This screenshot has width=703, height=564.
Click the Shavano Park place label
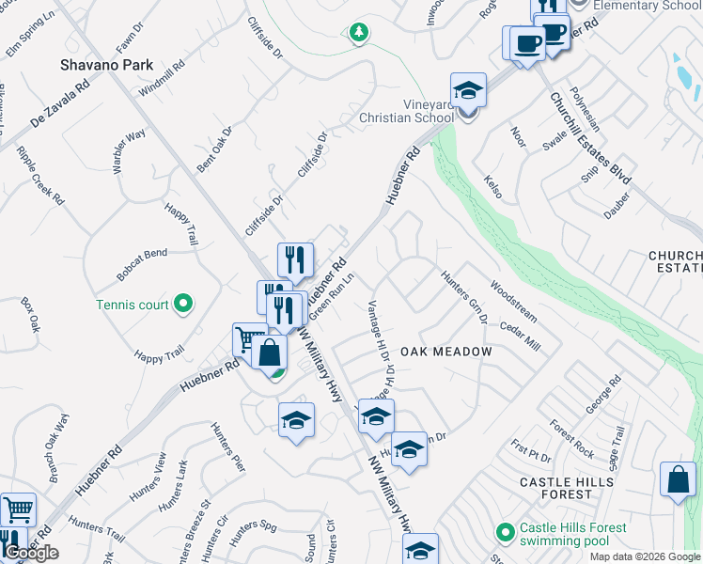(99, 65)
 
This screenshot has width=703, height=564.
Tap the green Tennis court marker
(184, 304)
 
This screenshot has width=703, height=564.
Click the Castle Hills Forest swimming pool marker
(506, 533)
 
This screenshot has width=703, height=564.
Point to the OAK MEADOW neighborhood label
(446, 352)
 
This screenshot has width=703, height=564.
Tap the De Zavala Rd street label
(58, 103)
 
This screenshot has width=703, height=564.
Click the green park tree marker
(358, 34)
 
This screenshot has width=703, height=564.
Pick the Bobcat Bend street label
(142, 253)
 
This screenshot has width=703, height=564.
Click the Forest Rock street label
(572, 438)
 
